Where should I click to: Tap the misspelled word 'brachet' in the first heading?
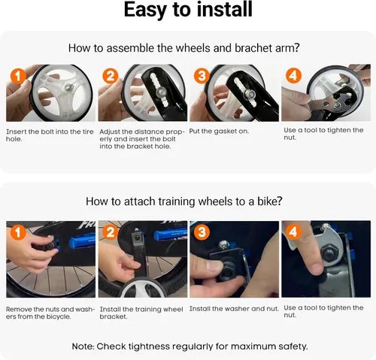pos(253,48)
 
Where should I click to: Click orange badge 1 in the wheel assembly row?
pos(18,76)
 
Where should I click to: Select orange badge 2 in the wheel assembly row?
pos(111,76)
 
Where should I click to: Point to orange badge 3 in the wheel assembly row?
pos(202,76)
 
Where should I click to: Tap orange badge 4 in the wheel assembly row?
pos(293,75)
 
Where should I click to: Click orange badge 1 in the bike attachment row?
pos(18,232)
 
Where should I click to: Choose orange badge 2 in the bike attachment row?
pos(111,232)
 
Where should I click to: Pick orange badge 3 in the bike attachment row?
pos(202,232)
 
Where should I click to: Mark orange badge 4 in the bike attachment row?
pos(293,231)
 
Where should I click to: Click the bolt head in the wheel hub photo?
pos(69,87)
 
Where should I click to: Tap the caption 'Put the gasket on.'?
pos(219,132)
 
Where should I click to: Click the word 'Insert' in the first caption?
pos(16,132)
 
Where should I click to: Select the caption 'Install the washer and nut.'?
pos(234,309)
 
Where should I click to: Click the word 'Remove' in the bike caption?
pos(19,309)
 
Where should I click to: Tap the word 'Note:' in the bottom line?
pos(83,346)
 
